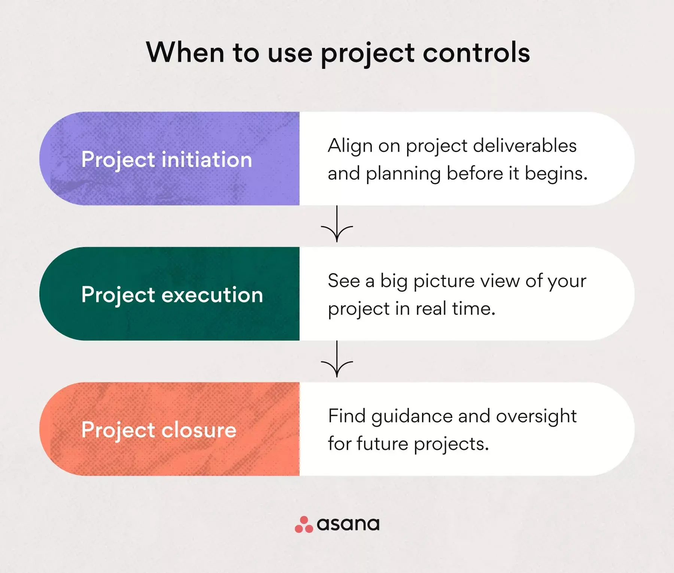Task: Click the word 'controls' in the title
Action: click(x=476, y=52)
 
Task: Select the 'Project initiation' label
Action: click(x=167, y=160)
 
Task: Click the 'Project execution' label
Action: click(x=172, y=295)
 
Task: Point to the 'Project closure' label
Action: click(x=159, y=430)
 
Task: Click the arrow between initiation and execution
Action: click(x=337, y=224)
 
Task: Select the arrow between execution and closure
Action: click(x=337, y=359)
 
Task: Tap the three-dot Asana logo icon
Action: click(x=304, y=524)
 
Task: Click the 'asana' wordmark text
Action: click(x=348, y=524)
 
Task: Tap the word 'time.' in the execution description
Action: click(x=474, y=309)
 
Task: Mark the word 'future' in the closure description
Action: click(x=382, y=444)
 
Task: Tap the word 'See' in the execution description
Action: click(x=344, y=281)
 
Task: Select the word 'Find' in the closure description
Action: click(x=347, y=416)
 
